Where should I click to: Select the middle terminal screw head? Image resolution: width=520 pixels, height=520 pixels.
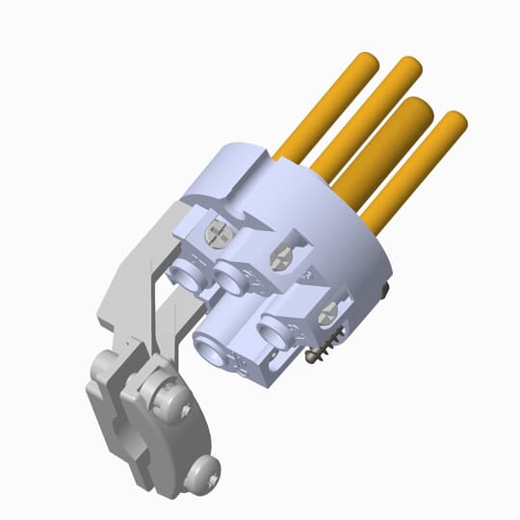coord(282,255)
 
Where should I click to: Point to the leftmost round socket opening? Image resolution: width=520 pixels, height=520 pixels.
coord(186,277)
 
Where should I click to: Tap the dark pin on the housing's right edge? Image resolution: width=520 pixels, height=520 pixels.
coord(386,288)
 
